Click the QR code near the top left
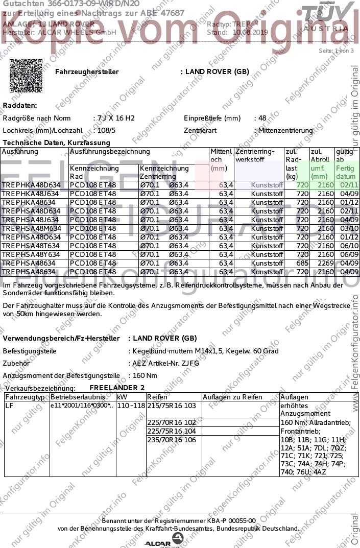(26, 76)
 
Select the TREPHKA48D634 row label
(31, 185)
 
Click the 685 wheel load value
(303, 263)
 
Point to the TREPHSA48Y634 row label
(31, 254)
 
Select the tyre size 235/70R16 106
(172, 440)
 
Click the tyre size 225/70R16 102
(172, 422)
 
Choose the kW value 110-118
(130, 406)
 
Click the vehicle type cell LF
(9, 406)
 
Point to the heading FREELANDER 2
(117, 388)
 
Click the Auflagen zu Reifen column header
(232, 397)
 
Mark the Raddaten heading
(20, 105)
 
